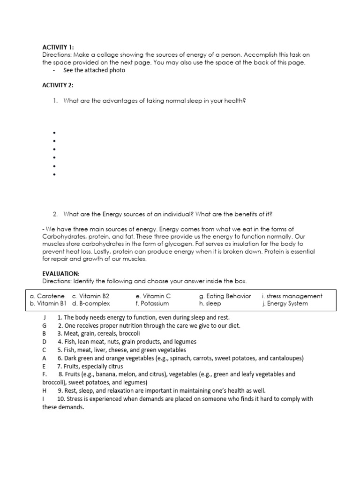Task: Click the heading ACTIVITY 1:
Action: [58, 47]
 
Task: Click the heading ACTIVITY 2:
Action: [58, 85]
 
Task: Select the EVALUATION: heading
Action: [61, 273]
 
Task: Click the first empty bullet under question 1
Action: [55, 133]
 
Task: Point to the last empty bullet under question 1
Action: [55, 175]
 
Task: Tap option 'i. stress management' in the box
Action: [292, 296]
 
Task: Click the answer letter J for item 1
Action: [44, 317]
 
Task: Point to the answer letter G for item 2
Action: [45, 325]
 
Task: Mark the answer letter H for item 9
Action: [45, 390]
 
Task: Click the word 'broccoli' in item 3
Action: [127, 333]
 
